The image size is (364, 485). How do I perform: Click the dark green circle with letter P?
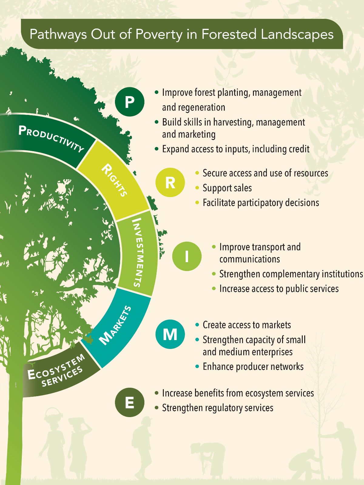pos(130,102)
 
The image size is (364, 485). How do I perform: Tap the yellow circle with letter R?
pos(170,182)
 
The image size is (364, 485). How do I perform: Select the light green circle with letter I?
pos(187,256)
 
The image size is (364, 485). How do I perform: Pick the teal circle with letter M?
pos(170,334)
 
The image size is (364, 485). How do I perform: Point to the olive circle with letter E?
pos(130,403)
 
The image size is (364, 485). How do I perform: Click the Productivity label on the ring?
pos(51,138)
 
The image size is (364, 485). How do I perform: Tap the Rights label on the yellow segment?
pos(114,180)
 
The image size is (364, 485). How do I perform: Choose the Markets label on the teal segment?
pos(116,326)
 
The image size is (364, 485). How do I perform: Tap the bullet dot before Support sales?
pos(197,188)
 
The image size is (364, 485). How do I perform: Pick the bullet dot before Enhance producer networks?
pos(197,366)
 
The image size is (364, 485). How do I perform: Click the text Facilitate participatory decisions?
pos(261,203)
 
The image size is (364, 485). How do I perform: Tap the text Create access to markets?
pos(247,325)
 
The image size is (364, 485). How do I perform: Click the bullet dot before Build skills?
pos(157,122)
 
